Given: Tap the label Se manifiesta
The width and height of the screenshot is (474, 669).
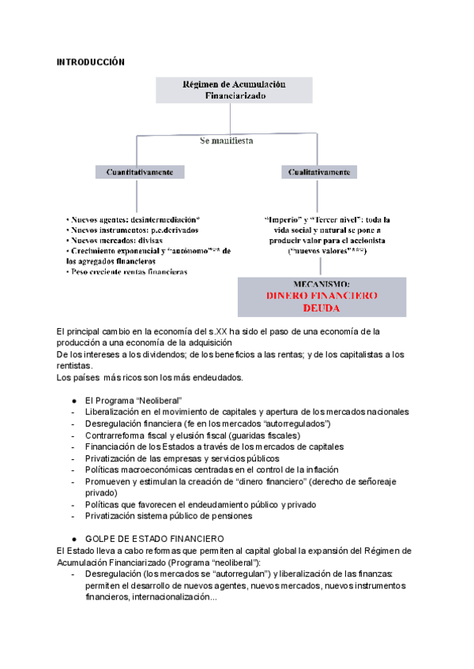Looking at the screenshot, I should (227, 141).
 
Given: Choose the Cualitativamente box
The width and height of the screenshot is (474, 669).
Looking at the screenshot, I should (319, 171).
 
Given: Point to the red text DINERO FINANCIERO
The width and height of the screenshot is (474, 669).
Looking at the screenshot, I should (322, 296).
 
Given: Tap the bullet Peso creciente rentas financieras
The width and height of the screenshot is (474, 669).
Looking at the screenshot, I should (128, 271).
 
